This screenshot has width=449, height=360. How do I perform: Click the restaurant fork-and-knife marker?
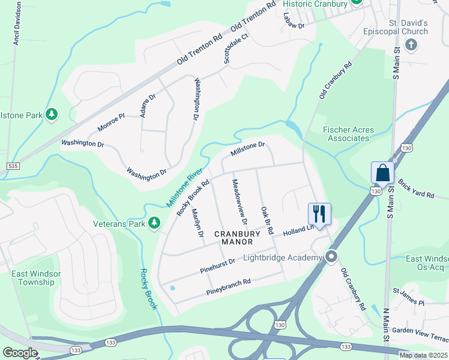click(x=319, y=213)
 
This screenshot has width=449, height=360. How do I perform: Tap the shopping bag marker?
click(x=382, y=173)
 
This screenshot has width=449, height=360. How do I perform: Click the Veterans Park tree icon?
click(x=154, y=223)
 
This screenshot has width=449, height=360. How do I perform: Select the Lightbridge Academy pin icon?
click(x=331, y=257)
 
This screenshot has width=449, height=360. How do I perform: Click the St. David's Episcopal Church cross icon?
click(x=411, y=44)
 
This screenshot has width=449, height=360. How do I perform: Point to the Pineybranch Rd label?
click(x=228, y=286)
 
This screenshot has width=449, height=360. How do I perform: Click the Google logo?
click(x=19, y=353)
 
